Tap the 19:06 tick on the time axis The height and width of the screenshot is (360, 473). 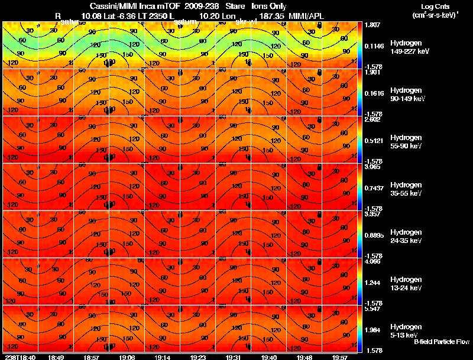pos(127,357)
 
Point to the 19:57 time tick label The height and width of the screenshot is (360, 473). pos(339,357)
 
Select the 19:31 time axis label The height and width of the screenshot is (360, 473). pos(233,357)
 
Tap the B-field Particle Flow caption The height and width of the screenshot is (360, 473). pos(441,342)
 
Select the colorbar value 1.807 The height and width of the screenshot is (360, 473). pos(372,25)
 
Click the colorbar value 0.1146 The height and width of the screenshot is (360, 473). pos(375,46)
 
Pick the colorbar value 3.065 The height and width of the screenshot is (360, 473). pos(373,167)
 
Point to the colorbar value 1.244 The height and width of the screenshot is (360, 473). pos(373,283)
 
